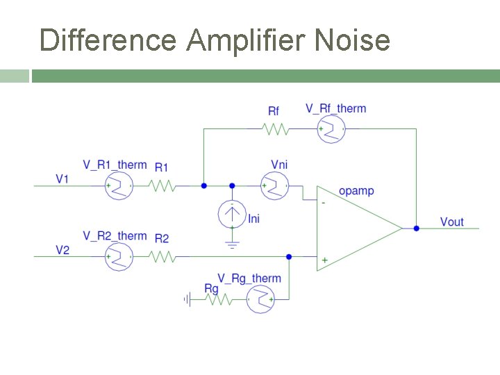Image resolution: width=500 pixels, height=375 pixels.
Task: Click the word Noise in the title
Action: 352,40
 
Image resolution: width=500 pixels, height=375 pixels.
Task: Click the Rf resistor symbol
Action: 274,129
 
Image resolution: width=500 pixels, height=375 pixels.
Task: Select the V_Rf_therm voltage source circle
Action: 331,129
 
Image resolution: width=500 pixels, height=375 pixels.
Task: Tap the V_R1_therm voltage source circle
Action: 119,185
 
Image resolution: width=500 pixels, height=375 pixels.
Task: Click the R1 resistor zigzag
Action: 162,185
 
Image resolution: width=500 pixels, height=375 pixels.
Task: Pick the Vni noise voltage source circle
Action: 274,185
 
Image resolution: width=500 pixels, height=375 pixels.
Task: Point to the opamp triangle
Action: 354,228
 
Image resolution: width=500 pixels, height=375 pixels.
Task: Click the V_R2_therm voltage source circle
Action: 119,257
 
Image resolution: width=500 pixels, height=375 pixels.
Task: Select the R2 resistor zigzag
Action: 162,257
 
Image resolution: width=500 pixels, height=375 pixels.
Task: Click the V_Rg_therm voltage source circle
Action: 260,300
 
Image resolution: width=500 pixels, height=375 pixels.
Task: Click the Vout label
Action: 452,222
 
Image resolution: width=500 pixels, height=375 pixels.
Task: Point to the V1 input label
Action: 62,179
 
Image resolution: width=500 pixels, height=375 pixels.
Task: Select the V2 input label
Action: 62,250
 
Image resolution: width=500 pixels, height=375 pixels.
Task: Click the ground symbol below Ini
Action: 232,243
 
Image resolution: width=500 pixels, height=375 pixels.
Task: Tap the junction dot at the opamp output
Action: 416,228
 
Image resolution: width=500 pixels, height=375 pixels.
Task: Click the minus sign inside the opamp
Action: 324,203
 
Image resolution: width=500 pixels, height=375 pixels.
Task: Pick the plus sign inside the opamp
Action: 324,260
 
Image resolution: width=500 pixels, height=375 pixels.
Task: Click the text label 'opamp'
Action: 356,190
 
